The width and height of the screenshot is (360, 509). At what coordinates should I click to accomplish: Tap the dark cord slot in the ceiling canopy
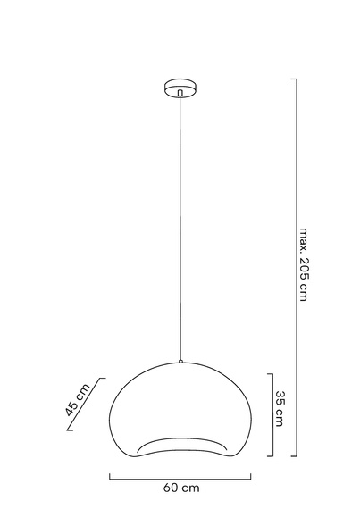coord(180,91)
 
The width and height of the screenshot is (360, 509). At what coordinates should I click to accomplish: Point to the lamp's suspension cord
coord(180,223)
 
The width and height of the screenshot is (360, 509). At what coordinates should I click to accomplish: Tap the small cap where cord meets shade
coord(180,362)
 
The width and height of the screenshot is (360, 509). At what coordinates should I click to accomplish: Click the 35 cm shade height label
coord(280,408)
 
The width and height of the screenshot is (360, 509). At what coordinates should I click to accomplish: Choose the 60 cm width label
coord(181,488)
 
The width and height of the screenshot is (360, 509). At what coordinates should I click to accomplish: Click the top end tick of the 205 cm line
coord(293,79)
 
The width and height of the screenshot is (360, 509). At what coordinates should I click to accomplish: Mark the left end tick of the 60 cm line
coord(110,476)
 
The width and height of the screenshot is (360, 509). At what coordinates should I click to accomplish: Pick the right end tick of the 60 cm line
coord(253,476)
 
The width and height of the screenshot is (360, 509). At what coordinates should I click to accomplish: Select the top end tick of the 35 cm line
coord(270,374)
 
